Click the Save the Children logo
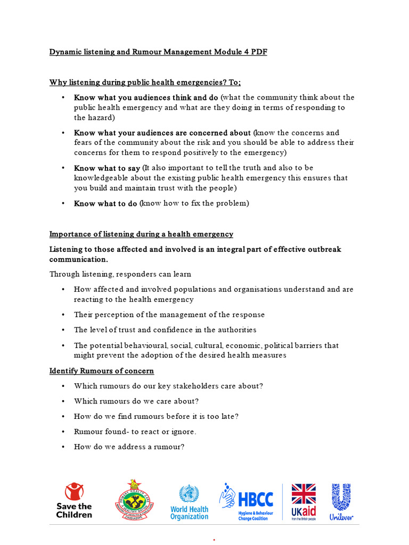tap(74, 501)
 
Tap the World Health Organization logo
tap(189, 502)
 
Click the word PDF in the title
tap(258, 52)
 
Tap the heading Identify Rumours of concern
tap(102, 370)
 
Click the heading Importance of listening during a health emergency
tap(141, 234)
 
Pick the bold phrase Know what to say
tap(107, 168)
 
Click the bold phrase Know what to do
tap(105, 203)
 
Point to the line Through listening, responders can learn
tap(120, 274)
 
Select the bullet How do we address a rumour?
tap(129, 447)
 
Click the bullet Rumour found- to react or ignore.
tap(135, 432)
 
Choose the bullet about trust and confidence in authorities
tap(165, 330)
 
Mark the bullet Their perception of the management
tap(169, 315)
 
